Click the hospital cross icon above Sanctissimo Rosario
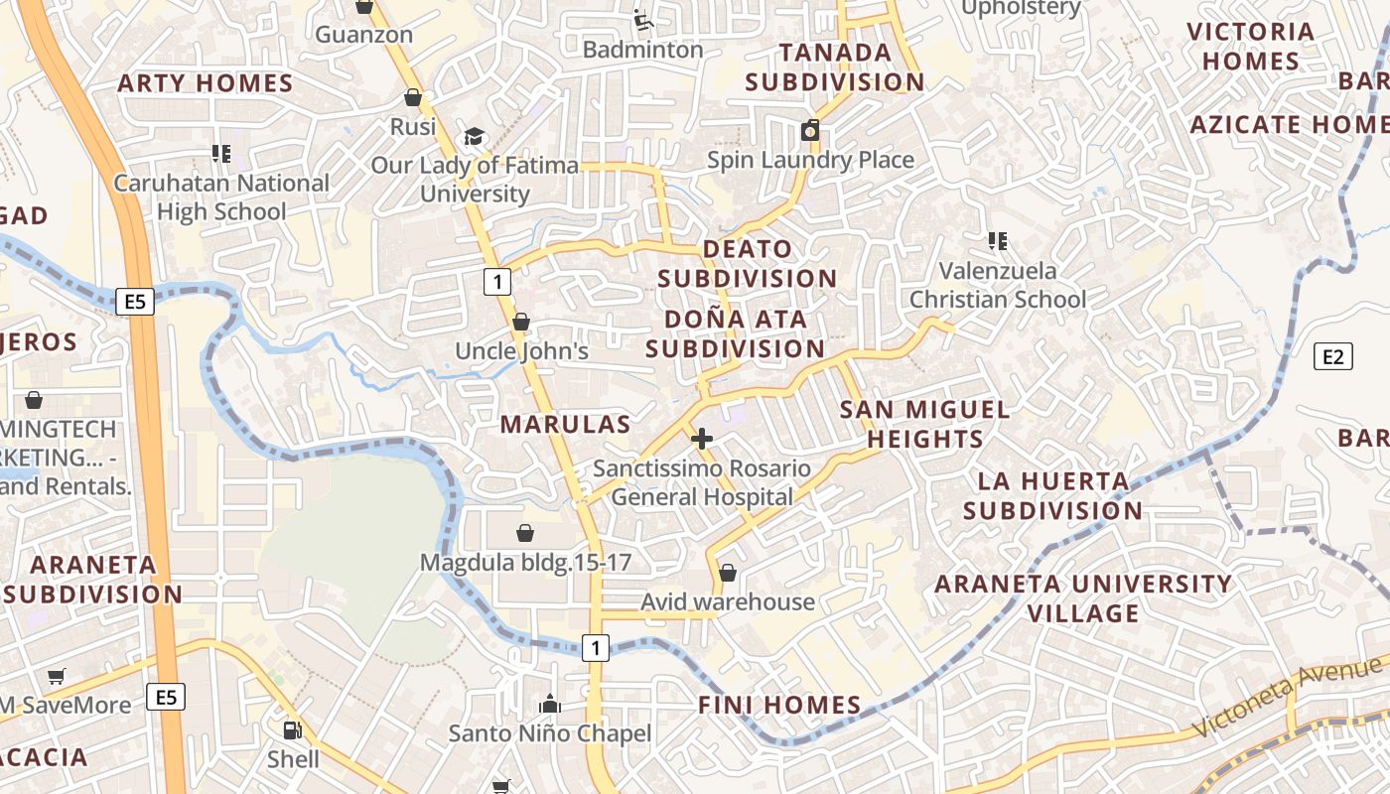(x=702, y=439)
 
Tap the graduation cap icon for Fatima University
(x=474, y=136)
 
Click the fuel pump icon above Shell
(x=292, y=730)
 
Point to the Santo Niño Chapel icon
(x=550, y=705)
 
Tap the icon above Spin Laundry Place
(x=810, y=130)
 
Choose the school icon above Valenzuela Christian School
(x=998, y=241)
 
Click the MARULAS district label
(x=565, y=425)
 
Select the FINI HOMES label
(x=779, y=706)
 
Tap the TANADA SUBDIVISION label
(x=835, y=66)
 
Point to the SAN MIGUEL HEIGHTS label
(x=924, y=424)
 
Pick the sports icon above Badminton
(x=642, y=19)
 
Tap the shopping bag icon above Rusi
(x=413, y=97)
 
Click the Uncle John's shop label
(x=521, y=351)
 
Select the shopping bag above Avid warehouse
(x=728, y=573)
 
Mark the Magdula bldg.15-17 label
(x=525, y=563)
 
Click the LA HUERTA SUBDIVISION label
(x=1053, y=496)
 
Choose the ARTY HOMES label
(x=206, y=83)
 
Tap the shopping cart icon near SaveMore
(x=57, y=676)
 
